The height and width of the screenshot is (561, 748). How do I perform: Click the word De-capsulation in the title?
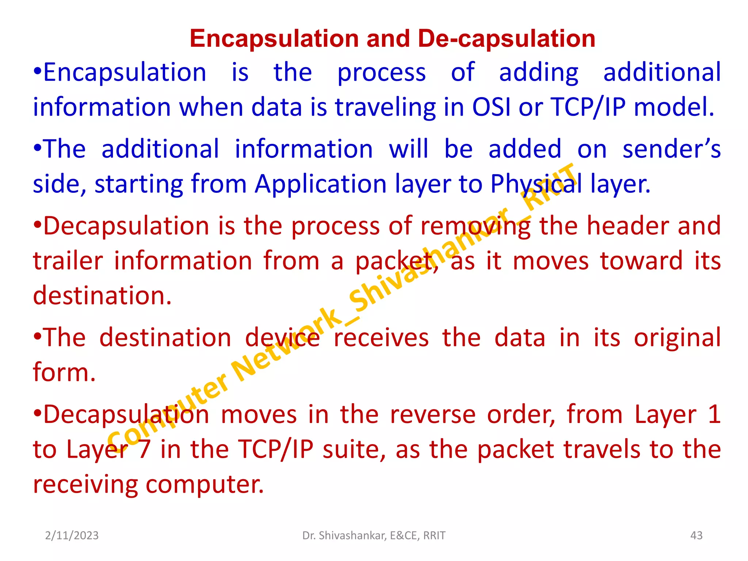tap(506, 39)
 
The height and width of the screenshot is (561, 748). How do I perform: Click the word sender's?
tap(671, 149)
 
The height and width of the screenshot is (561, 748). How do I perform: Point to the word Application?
tap(320, 184)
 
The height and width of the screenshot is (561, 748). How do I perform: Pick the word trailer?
tap(68, 261)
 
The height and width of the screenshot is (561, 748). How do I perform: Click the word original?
tap(677, 337)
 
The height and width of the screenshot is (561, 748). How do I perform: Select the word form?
tap(64, 373)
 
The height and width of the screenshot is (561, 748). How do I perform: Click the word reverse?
tap(433, 415)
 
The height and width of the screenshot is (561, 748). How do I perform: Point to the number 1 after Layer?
tap(715, 415)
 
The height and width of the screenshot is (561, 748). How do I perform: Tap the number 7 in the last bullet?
tap(144, 449)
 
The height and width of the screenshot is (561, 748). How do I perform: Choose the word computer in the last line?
tap(204, 485)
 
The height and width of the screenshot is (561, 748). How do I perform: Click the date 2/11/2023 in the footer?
tap(72, 535)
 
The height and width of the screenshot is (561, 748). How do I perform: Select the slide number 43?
tap(696, 535)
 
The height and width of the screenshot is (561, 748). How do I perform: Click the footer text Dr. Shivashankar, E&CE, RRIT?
tap(374, 535)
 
